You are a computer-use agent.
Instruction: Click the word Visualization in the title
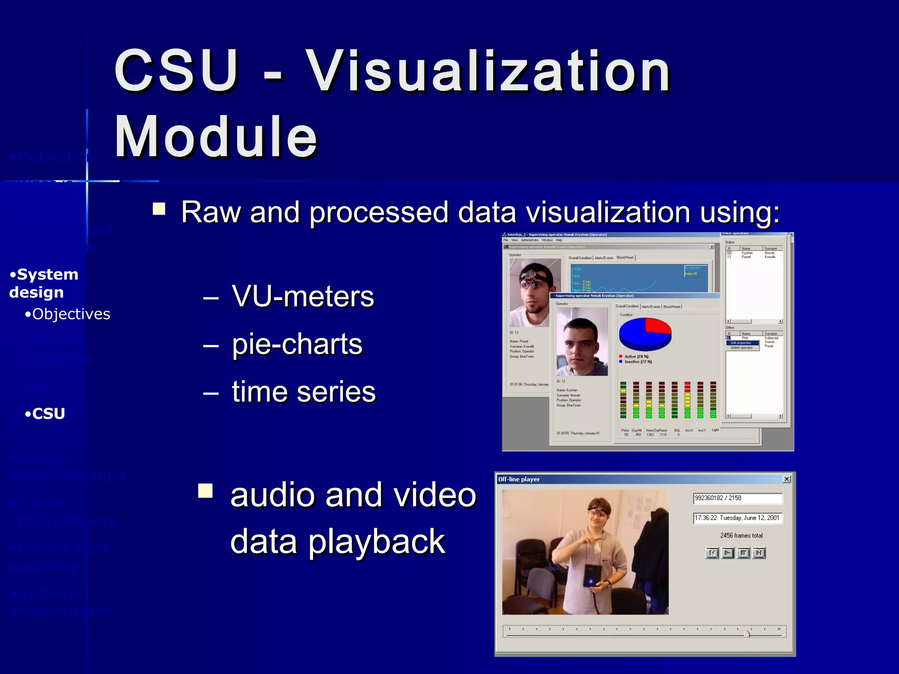coord(487,71)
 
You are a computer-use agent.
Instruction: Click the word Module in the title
coord(216,136)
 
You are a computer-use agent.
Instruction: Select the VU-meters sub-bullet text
coord(303,296)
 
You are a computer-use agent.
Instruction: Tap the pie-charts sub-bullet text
coord(297,344)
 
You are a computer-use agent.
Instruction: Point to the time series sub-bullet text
coord(304,391)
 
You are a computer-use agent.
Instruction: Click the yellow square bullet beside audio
coord(205,491)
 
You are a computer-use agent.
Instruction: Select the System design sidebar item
coord(43,283)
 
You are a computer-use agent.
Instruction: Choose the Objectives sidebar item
coord(71,314)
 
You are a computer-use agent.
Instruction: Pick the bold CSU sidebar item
coord(48,414)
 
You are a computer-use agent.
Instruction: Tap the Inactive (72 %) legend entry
coord(637,362)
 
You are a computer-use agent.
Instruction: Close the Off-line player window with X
coord(787,479)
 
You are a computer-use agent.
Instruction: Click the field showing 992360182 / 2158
coord(737,498)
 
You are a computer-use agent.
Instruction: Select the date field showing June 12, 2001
coord(737,518)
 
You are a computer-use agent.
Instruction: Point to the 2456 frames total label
coord(741,535)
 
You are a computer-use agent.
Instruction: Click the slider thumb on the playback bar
coord(748,633)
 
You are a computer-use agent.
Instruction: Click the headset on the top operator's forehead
coord(532,277)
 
